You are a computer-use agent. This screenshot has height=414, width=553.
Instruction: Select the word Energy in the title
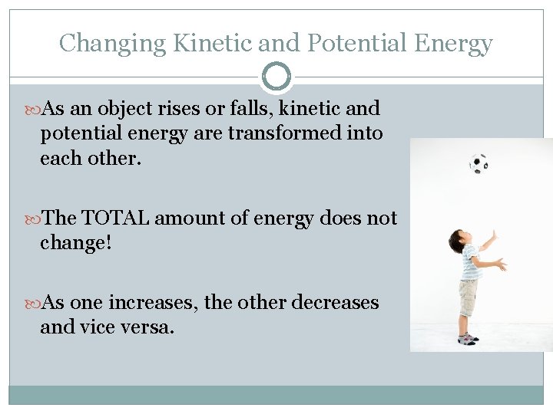(x=453, y=43)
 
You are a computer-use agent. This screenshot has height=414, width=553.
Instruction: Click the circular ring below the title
(x=276, y=77)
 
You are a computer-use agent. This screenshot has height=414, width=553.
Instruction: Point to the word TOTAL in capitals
(x=116, y=219)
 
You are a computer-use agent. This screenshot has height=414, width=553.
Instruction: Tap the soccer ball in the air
(x=478, y=163)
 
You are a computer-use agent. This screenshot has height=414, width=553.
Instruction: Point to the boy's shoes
(x=468, y=337)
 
